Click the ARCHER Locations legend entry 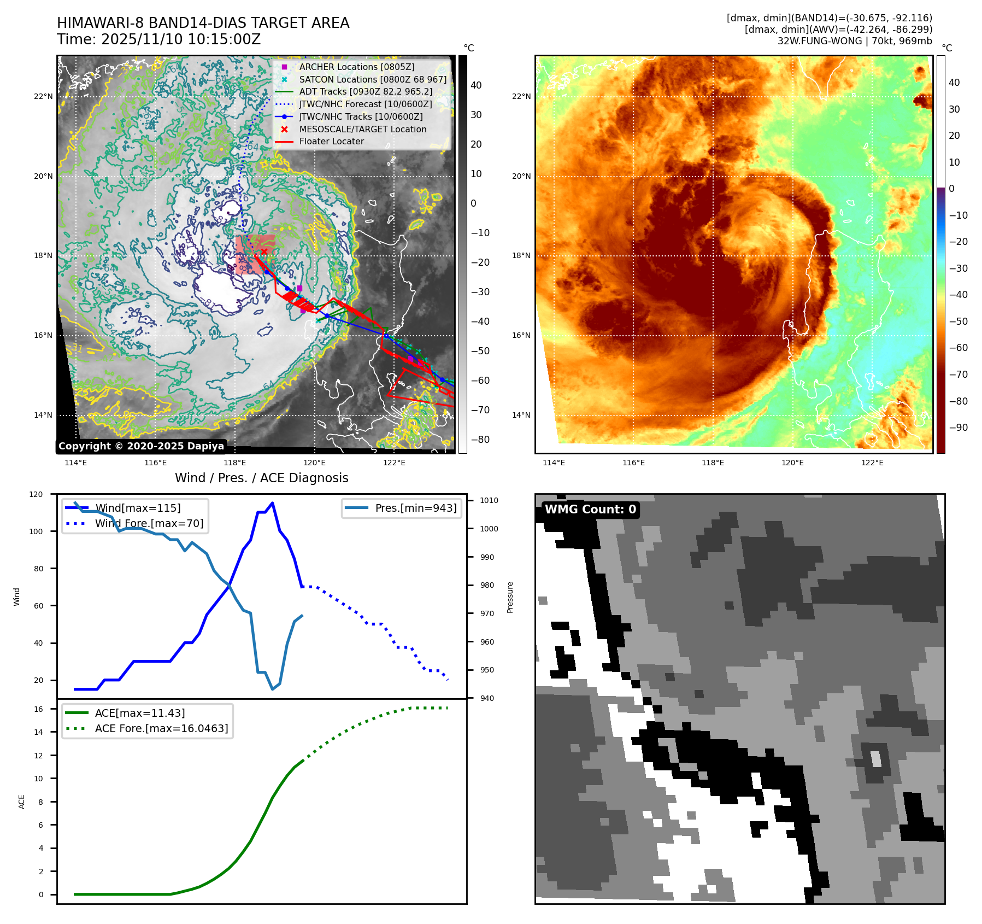[x=356, y=67]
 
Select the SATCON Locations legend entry [x=372, y=79]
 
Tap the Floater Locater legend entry [x=331, y=141]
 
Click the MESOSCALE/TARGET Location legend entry [x=362, y=129]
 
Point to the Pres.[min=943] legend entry [x=415, y=508]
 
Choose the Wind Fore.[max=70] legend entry [x=149, y=523]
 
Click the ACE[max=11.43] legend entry [x=139, y=713]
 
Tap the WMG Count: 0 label [x=590, y=510]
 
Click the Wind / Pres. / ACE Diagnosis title [x=261, y=478]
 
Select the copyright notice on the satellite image [x=141, y=446]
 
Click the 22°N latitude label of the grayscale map [x=44, y=97]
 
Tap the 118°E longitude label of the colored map [x=713, y=463]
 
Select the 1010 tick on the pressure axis [x=489, y=500]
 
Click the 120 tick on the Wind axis [x=36, y=494]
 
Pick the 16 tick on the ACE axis [x=38, y=709]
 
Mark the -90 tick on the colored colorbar [x=958, y=428]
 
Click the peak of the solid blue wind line [x=272, y=503]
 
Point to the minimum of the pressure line [x=272, y=689]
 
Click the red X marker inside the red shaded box [x=264, y=252]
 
